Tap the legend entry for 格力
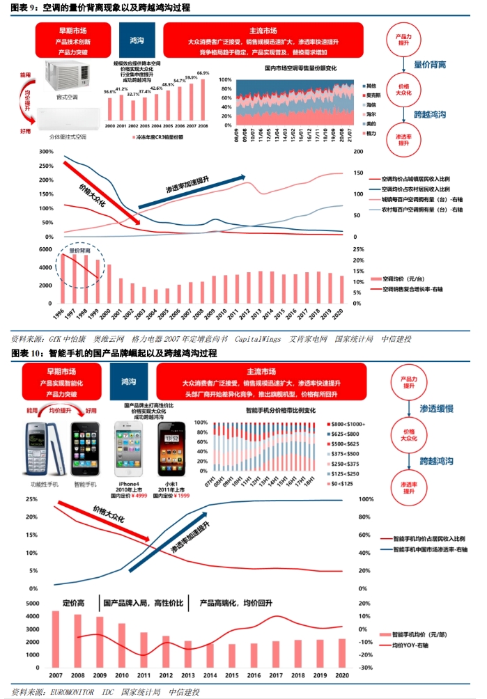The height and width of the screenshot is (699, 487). coord(371,132)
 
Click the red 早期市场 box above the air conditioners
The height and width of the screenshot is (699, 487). coord(71,41)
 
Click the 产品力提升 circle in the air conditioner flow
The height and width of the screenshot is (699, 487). coord(407,40)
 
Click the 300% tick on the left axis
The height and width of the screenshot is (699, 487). coord(40,152)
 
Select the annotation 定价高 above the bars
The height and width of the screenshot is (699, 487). coord(73,602)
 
